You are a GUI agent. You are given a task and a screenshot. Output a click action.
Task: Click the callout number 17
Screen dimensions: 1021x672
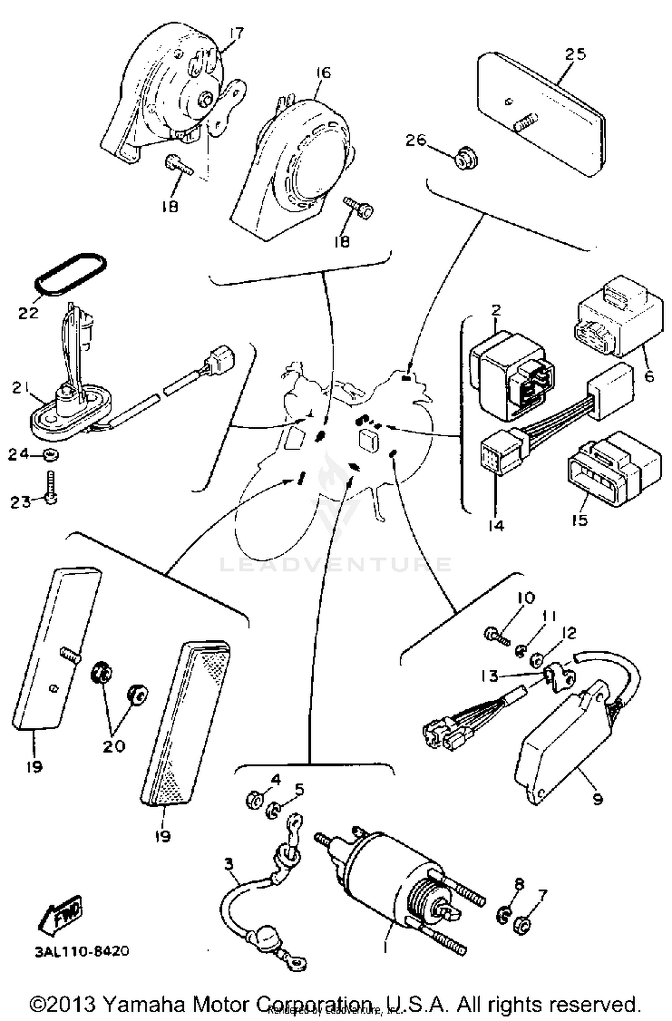click(x=237, y=33)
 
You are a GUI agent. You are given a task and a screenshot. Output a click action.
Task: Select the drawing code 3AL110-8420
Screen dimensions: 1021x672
click(x=82, y=951)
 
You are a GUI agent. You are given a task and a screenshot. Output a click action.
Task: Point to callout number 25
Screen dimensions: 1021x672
click(x=575, y=54)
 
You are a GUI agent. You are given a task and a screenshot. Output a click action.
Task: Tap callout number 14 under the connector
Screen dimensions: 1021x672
click(x=495, y=525)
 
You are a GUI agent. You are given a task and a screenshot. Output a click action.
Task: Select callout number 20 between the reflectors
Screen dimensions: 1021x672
click(x=114, y=745)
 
